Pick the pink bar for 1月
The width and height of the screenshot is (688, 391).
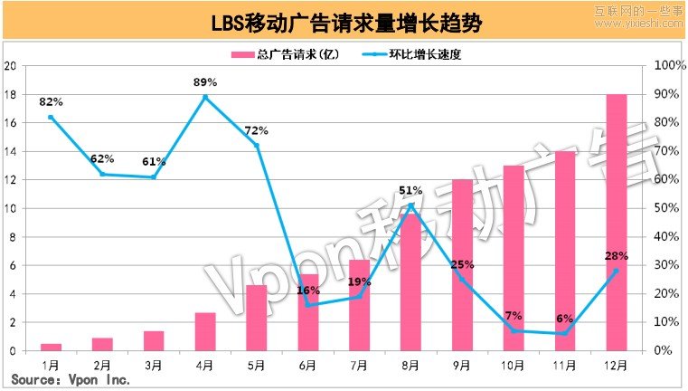pos(52,347)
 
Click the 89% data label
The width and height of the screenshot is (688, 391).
pos(205,82)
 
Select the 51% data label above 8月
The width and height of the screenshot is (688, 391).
pos(410,190)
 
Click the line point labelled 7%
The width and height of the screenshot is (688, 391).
pos(514,330)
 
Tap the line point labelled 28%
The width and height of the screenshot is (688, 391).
pos(616,271)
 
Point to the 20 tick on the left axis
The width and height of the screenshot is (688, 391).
pos(10,66)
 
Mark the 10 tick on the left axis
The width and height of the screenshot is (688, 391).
pos(10,208)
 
